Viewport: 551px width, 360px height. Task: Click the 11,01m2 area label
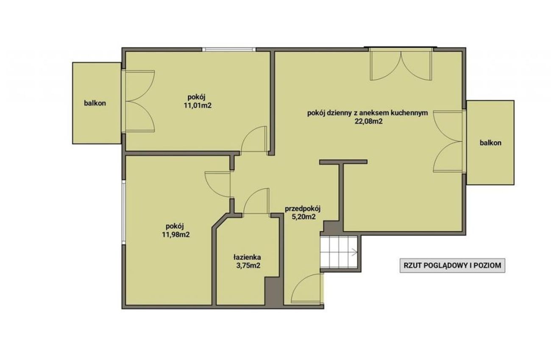pyautogui.click(x=198, y=105)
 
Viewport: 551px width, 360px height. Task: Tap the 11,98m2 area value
pyautogui.click(x=175, y=235)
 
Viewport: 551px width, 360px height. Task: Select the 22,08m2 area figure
pyautogui.click(x=368, y=122)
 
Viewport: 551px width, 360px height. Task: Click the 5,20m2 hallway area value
pyautogui.click(x=303, y=217)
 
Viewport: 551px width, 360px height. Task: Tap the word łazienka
pyautogui.click(x=247, y=257)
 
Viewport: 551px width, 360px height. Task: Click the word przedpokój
pyautogui.click(x=303, y=209)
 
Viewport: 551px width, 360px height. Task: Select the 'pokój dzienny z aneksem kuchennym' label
pyautogui.click(x=367, y=113)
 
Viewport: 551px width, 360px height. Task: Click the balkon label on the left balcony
pyautogui.click(x=95, y=103)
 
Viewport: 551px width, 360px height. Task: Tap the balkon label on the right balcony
pyautogui.click(x=490, y=143)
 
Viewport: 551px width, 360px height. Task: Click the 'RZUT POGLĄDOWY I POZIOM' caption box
pyautogui.click(x=452, y=266)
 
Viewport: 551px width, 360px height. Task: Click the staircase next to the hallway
pyautogui.click(x=339, y=252)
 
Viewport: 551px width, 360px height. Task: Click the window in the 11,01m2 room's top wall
pyautogui.click(x=229, y=50)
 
